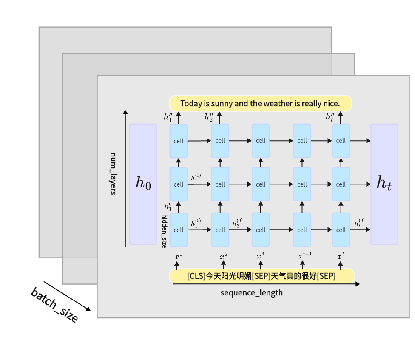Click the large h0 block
coord(143,184)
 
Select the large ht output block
coord(384,184)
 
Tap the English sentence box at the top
coord(260,103)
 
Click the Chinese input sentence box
coord(262,276)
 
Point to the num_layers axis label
coord(113,173)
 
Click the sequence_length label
coord(251,292)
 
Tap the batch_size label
coord(54,305)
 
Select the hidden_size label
coord(165,231)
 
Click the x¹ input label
coord(178,256)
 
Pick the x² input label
coord(224,256)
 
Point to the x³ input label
coord(260,256)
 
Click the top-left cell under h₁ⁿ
coord(179,141)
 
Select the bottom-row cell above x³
coord(261,230)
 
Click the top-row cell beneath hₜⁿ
coord(341,141)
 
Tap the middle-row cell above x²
coord(220,184)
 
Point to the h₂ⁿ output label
coord(208,117)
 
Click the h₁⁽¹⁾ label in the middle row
coord(196,178)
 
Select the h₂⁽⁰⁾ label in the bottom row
coord(237,223)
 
